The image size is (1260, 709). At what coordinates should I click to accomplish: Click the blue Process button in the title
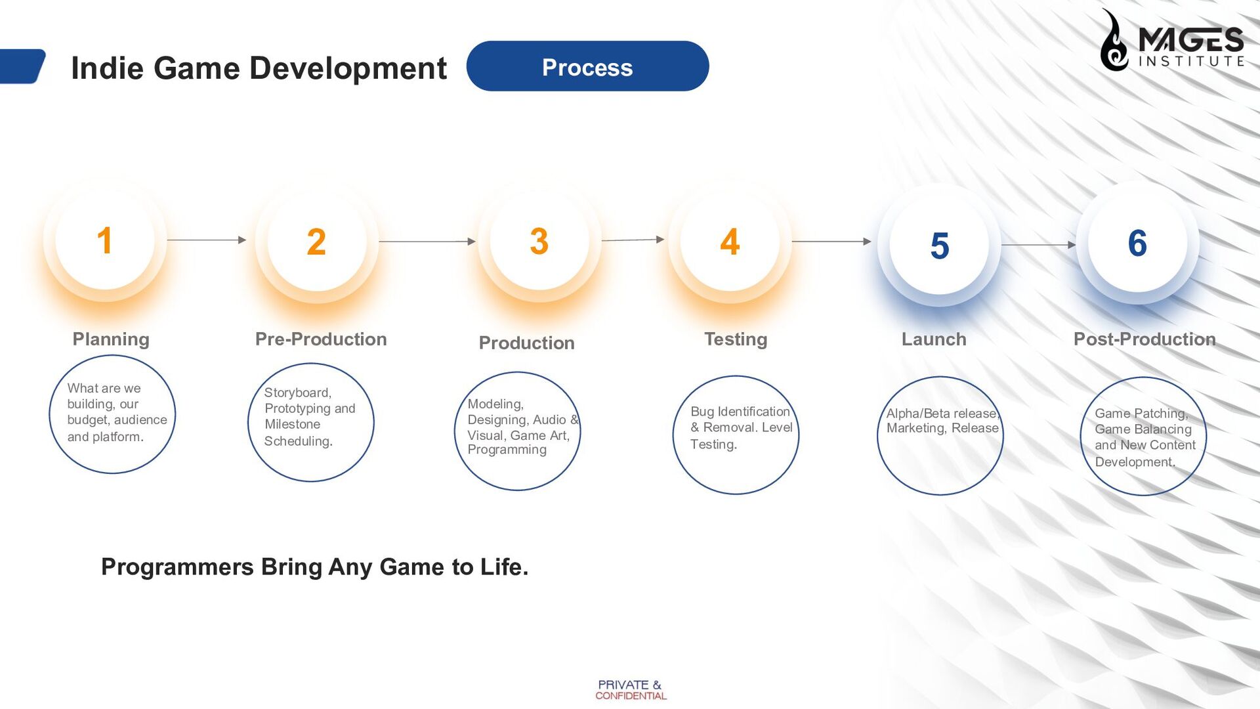587,66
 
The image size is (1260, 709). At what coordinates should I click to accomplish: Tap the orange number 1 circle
105,240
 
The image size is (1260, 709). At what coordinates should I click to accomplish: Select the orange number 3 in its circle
539,242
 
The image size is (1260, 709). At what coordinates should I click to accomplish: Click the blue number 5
939,246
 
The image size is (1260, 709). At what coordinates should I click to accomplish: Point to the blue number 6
1137,244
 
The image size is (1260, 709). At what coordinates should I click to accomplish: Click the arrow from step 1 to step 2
206,240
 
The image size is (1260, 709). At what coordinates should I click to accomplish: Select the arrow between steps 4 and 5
831,242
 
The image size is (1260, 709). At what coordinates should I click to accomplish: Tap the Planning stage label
111,339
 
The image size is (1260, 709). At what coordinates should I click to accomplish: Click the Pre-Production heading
321,339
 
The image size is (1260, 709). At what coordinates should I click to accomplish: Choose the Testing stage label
736,339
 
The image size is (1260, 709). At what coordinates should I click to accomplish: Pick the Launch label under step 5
933,339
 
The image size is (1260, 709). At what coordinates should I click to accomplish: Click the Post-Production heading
1144,339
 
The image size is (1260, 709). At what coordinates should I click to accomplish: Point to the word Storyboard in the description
297,393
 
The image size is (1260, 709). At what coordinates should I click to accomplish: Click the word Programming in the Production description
507,450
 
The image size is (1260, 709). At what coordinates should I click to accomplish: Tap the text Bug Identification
740,412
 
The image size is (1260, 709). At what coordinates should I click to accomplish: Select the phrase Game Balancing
1143,429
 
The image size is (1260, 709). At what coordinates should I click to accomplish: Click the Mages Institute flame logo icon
1114,41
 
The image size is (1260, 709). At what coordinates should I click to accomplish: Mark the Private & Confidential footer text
630,690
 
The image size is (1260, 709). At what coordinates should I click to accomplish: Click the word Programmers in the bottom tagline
177,567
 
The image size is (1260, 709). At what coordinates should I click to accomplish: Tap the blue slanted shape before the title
22,66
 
